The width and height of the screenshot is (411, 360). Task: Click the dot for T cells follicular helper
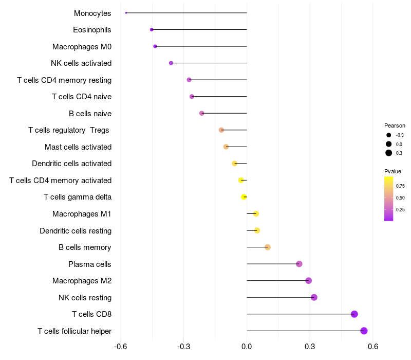click(x=364, y=331)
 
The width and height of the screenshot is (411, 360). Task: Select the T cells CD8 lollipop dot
click(x=354, y=314)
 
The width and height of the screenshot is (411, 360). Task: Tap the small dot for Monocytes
click(x=126, y=13)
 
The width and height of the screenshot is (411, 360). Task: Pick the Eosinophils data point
click(x=152, y=30)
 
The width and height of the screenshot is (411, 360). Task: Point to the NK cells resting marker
click(x=314, y=297)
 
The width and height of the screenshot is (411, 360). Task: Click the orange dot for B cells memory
click(x=267, y=247)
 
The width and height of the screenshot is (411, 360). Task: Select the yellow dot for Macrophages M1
click(x=256, y=213)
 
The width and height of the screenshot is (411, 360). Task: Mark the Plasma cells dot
click(x=299, y=264)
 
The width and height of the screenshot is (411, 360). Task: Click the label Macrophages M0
click(x=82, y=47)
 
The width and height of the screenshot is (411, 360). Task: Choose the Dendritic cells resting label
click(x=76, y=230)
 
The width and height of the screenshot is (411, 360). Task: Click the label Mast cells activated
click(x=78, y=147)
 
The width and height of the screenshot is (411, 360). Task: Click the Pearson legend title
click(x=395, y=125)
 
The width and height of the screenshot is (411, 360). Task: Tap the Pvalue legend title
click(x=393, y=171)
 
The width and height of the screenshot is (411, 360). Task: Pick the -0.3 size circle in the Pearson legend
click(x=389, y=135)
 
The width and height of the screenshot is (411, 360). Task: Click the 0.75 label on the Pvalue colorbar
click(x=400, y=186)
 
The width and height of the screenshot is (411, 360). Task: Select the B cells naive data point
click(x=201, y=113)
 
